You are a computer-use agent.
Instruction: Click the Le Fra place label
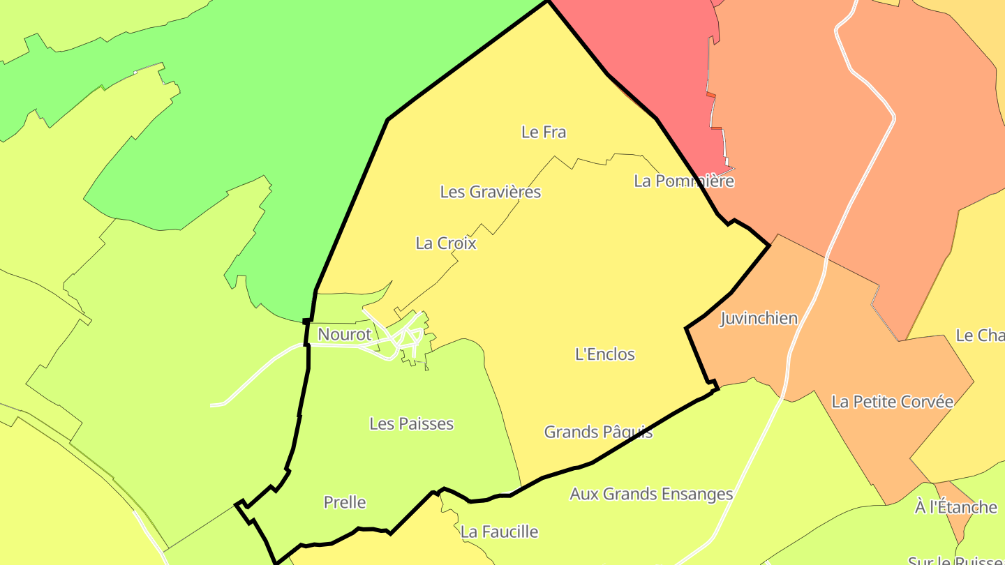coord(544,132)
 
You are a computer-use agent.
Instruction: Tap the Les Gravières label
coord(490,192)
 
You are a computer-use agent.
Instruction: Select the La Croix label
coord(446,243)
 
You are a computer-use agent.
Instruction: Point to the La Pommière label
coord(684,181)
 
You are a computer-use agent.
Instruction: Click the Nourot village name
coord(345,335)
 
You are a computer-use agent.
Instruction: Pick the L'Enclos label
coord(605,354)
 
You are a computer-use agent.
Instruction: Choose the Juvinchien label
coord(759,319)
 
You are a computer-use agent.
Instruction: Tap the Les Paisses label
coord(411,423)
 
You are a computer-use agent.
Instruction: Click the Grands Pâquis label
coord(598,432)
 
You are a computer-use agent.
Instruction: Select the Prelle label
coord(345,502)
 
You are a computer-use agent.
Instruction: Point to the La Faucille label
coord(499,532)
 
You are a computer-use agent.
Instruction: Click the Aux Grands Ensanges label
coord(651,495)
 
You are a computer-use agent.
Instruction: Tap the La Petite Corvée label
coord(892,402)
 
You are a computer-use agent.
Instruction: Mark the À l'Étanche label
coord(955,507)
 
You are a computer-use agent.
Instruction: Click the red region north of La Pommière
coord(656,56)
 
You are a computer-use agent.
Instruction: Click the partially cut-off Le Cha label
coord(979,336)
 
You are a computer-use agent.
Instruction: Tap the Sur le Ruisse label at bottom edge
coord(955,559)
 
